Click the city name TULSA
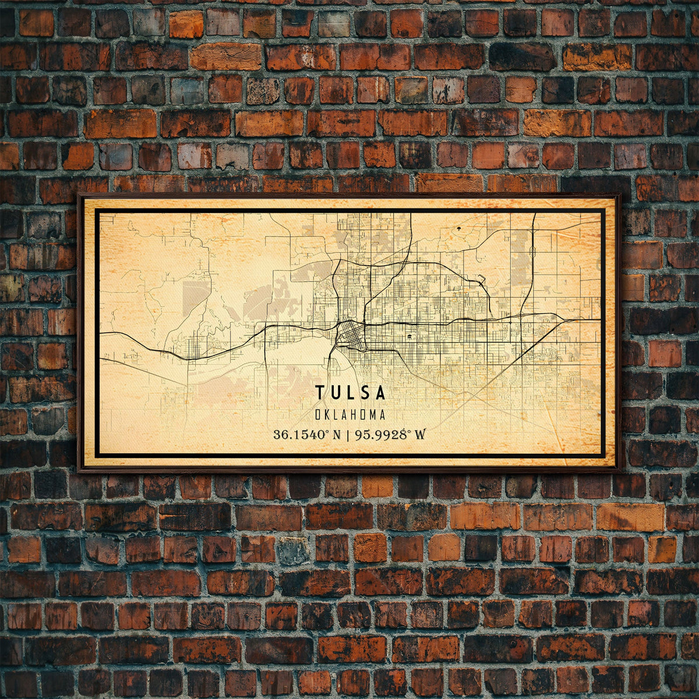click(x=351, y=393)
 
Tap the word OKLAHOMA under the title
click(x=350, y=415)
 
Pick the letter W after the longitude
click(x=419, y=435)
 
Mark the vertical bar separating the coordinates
click(x=346, y=435)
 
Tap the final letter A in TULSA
click(x=381, y=393)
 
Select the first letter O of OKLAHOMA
click(x=318, y=415)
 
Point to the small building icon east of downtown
click(x=411, y=337)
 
